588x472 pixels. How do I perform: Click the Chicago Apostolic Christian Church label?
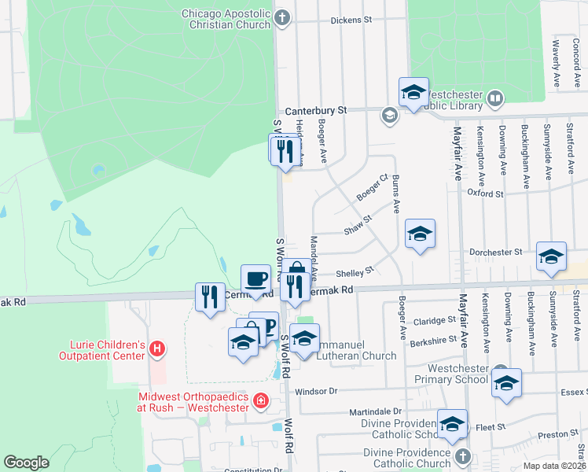click(x=225, y=19)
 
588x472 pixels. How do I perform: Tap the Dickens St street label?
click(x=351, y=19)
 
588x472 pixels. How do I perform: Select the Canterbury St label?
click(x=315, y=111)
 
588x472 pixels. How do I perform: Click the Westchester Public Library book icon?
click(x=495, y=98)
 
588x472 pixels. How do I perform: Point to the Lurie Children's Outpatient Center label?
click(x=103, y=350)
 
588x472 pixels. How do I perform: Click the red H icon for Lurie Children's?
click(x=157, y=348)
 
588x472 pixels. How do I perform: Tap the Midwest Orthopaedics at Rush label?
click(x=193, y=402)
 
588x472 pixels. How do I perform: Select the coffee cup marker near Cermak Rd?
click(x=255, y=279)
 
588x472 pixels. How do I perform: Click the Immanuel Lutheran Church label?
click(x=355, y=356)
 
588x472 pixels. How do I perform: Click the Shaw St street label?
click(x=357, y=230)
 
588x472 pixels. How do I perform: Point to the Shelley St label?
click(x=355, y=273)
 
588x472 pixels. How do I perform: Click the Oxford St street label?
click(x=484, y=193)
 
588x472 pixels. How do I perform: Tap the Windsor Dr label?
click(x=315, y=391)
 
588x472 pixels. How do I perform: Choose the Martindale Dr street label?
click(x=380, y=411)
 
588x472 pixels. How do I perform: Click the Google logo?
click(x=27, y=463)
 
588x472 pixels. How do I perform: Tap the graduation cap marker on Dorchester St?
click(x=551, y=257)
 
